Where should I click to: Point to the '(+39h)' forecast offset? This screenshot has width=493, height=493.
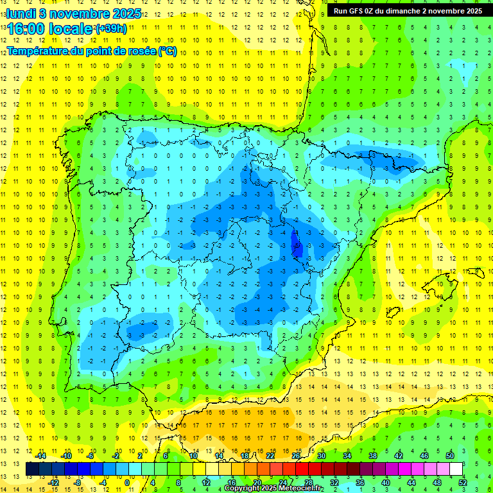pyautogui.click(x=111, y=29)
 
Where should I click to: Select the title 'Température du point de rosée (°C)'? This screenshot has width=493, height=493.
pyautogui.click(x=91, y=51)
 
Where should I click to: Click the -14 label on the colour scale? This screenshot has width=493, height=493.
pyautogui.click(x=41, y=455)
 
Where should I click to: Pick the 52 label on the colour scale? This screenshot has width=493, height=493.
pyautogui.click(x=463, y=483)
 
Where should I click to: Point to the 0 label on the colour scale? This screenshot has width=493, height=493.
pyautogui.click(x=127, y=483)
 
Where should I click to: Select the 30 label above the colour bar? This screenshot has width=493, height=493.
pyautogui.click(x=321, y=455)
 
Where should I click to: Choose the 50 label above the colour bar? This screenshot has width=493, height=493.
pyautogui.click(x=450, y=455)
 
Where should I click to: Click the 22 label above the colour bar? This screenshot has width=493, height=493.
pyautogui.click(x=270, y=455)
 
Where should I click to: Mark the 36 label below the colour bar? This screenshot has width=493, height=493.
pyautogui.click(x=359, y=483)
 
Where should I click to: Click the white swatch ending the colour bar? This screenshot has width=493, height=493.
pyautogui.click(x=456, y=469)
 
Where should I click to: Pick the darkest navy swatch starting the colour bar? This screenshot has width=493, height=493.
pyautogui.click(x=32, y=469)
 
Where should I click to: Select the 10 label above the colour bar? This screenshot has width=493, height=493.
pyautogui.click(x=193, y=455)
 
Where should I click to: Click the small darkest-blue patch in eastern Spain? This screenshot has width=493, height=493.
pyautogui.click(x=296, y=243)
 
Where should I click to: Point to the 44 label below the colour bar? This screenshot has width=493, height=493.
pyautogui.click(x=411, y=483)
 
